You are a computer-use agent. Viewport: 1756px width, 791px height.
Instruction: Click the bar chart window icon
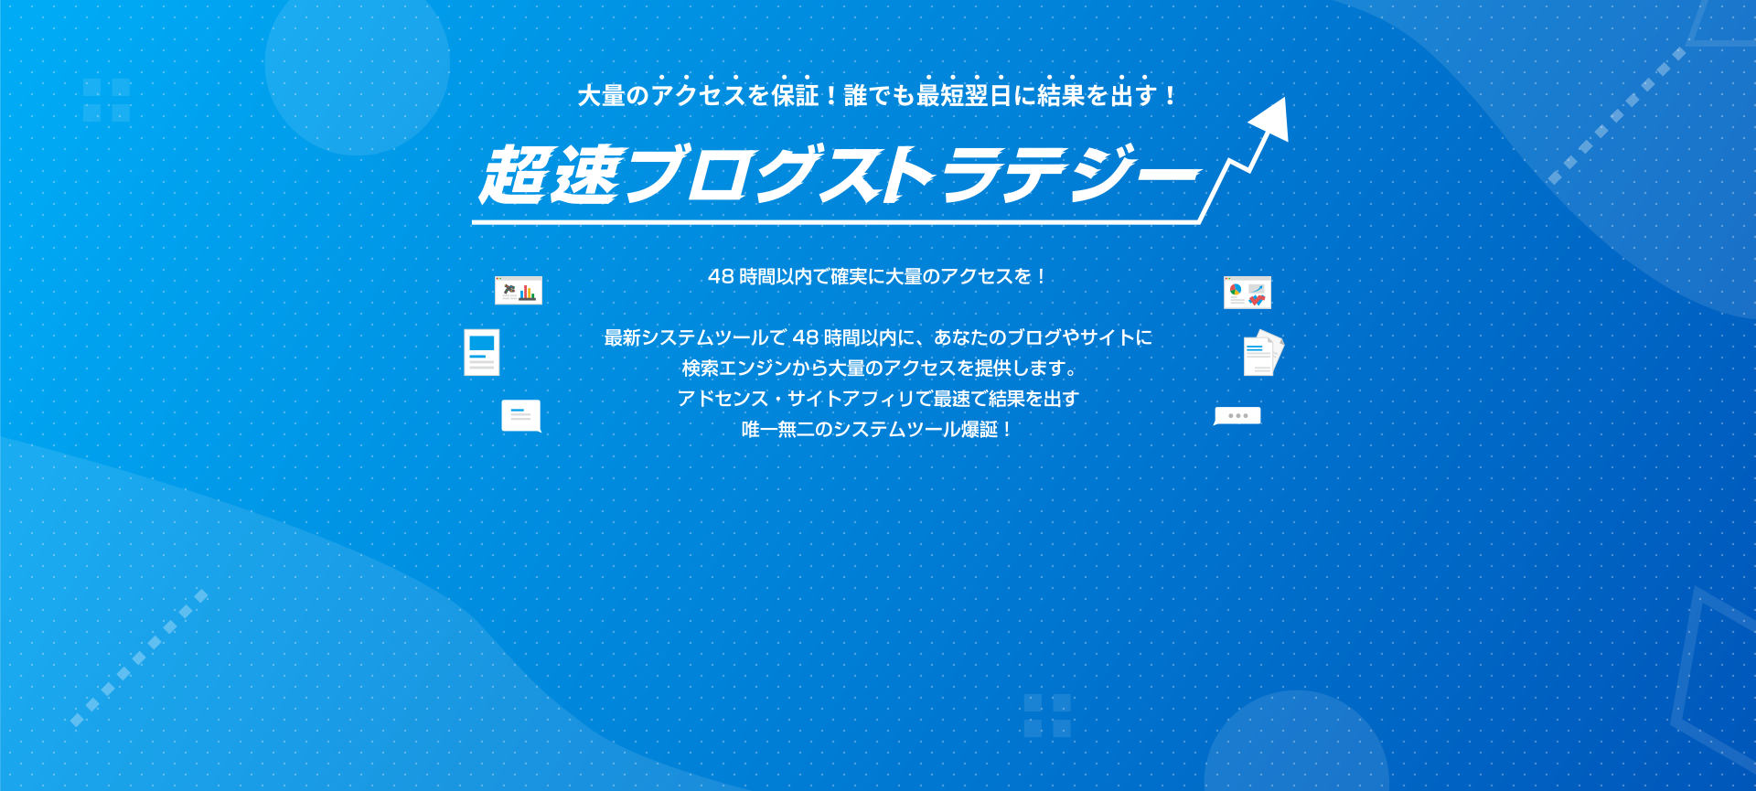[x=519, y=291]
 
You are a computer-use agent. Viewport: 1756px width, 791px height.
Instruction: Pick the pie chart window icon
[x=1247, y=293]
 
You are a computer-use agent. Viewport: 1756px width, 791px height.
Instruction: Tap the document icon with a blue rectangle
[x=482, y=353]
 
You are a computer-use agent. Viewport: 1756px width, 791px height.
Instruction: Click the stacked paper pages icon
[x=1263, y=353]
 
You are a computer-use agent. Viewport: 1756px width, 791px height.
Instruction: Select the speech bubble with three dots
[x=1237, y=416]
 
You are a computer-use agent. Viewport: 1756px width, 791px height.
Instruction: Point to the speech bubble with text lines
[x=521, y=416]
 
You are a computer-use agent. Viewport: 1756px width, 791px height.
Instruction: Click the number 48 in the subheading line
[x=721, y=276]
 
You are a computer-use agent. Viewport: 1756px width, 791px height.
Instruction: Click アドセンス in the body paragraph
[x=723, y=399]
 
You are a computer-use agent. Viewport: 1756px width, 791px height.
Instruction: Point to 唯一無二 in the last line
[x=777, y=430]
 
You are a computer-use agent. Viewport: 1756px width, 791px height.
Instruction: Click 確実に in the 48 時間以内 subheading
[x=857, y=276]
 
